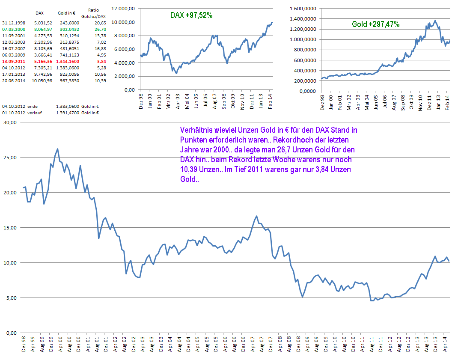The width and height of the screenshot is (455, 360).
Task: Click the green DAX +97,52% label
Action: [191, 15]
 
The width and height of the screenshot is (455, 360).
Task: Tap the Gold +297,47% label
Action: [376, 24]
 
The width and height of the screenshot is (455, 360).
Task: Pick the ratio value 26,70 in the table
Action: [100, 29]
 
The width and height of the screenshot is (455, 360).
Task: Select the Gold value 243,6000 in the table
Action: [68, 22]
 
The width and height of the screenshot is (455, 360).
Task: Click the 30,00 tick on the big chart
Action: [10, 122]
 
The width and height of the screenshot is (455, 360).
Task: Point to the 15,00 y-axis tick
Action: [10, 228]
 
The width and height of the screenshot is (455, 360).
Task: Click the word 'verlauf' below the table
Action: [33, 113]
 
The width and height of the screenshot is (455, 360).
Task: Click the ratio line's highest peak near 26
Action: [57, 149]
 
